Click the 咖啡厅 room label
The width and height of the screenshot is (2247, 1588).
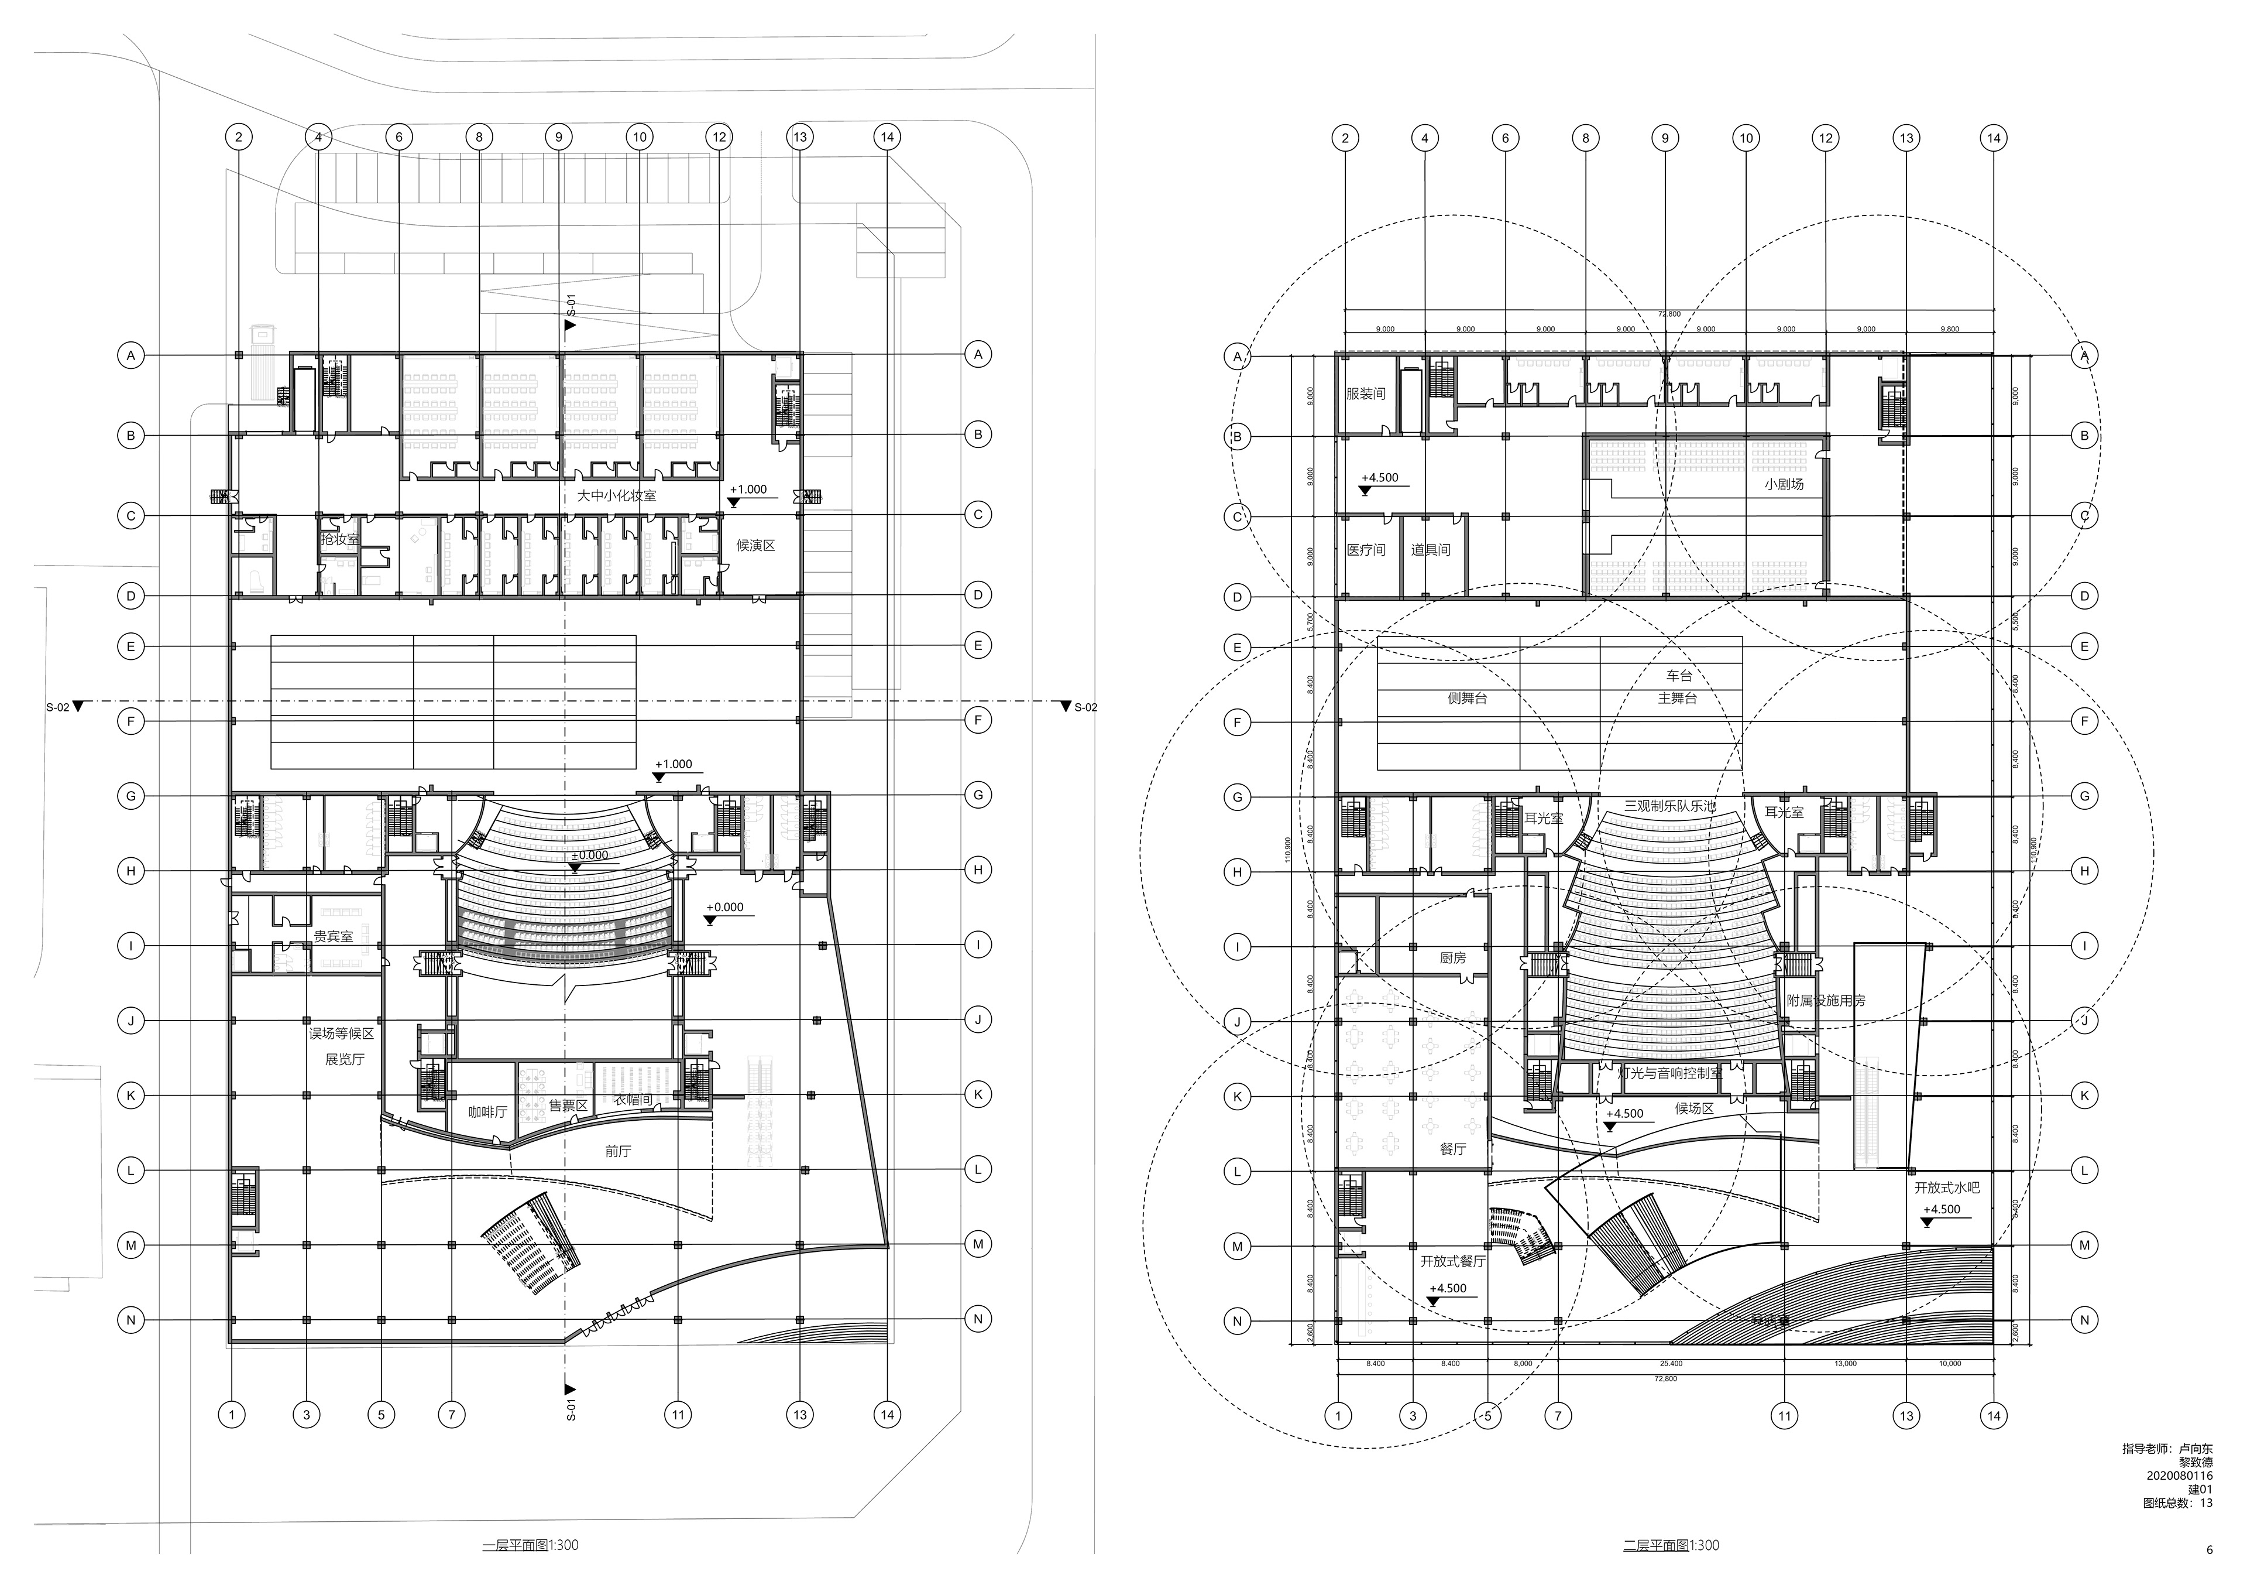click(487, 1112)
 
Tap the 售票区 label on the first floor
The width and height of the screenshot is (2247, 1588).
click(568, 1106)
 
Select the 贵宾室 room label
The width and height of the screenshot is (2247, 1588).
click(333, 937)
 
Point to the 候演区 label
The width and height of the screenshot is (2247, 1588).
click(755, 545)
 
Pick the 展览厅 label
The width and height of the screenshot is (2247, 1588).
click(345, 1059)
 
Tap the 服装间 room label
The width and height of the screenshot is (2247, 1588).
click(1365, 393)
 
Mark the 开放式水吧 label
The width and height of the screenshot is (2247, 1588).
click(1947, 1186)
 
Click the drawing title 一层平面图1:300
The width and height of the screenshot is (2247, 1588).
click(530, 1546)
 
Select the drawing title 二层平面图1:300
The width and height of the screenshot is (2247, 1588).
click(1671, 1546)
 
